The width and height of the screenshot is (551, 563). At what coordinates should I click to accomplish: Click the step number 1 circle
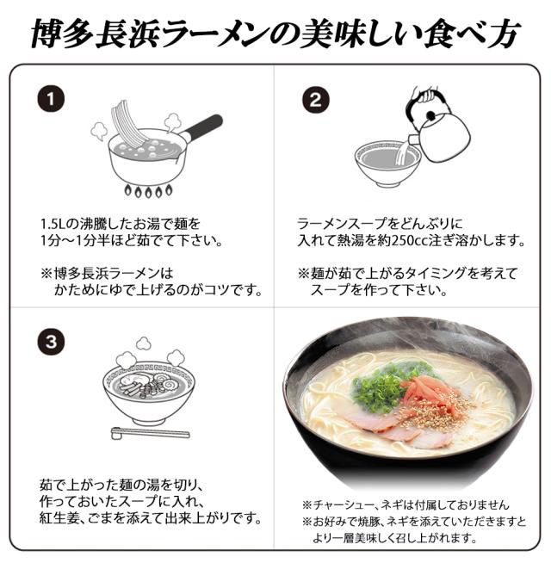point(53,99)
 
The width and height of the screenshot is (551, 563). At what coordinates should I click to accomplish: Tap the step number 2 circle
point(315,99)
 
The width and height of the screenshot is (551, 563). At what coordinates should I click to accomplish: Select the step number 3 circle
point(53,342)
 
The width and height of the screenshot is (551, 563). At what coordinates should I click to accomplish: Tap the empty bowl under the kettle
point(387,163)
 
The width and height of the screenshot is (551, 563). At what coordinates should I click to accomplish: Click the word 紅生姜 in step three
point(61,519)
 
